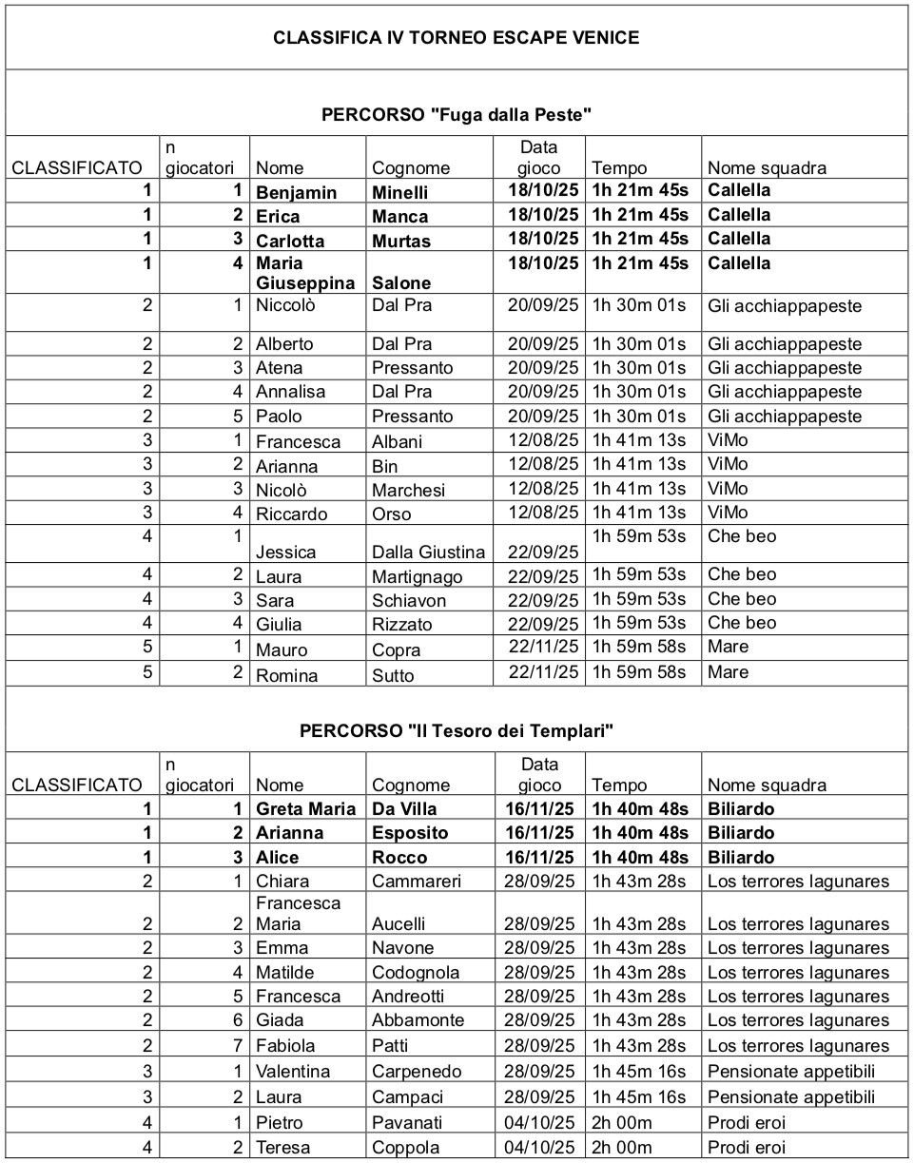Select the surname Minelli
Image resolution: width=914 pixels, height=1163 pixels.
click(x=400, y=192)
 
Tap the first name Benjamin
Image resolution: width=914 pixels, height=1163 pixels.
click(x=296, y=192)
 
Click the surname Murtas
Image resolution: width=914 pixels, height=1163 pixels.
click(x=401, y=241)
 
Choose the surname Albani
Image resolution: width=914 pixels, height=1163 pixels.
click(x=398, y=441)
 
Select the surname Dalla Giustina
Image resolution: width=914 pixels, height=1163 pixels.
click(x=428, y=552)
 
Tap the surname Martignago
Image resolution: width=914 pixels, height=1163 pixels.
click(x=417, y=576)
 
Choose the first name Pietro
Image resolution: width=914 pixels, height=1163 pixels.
click(x=280, y=1123)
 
